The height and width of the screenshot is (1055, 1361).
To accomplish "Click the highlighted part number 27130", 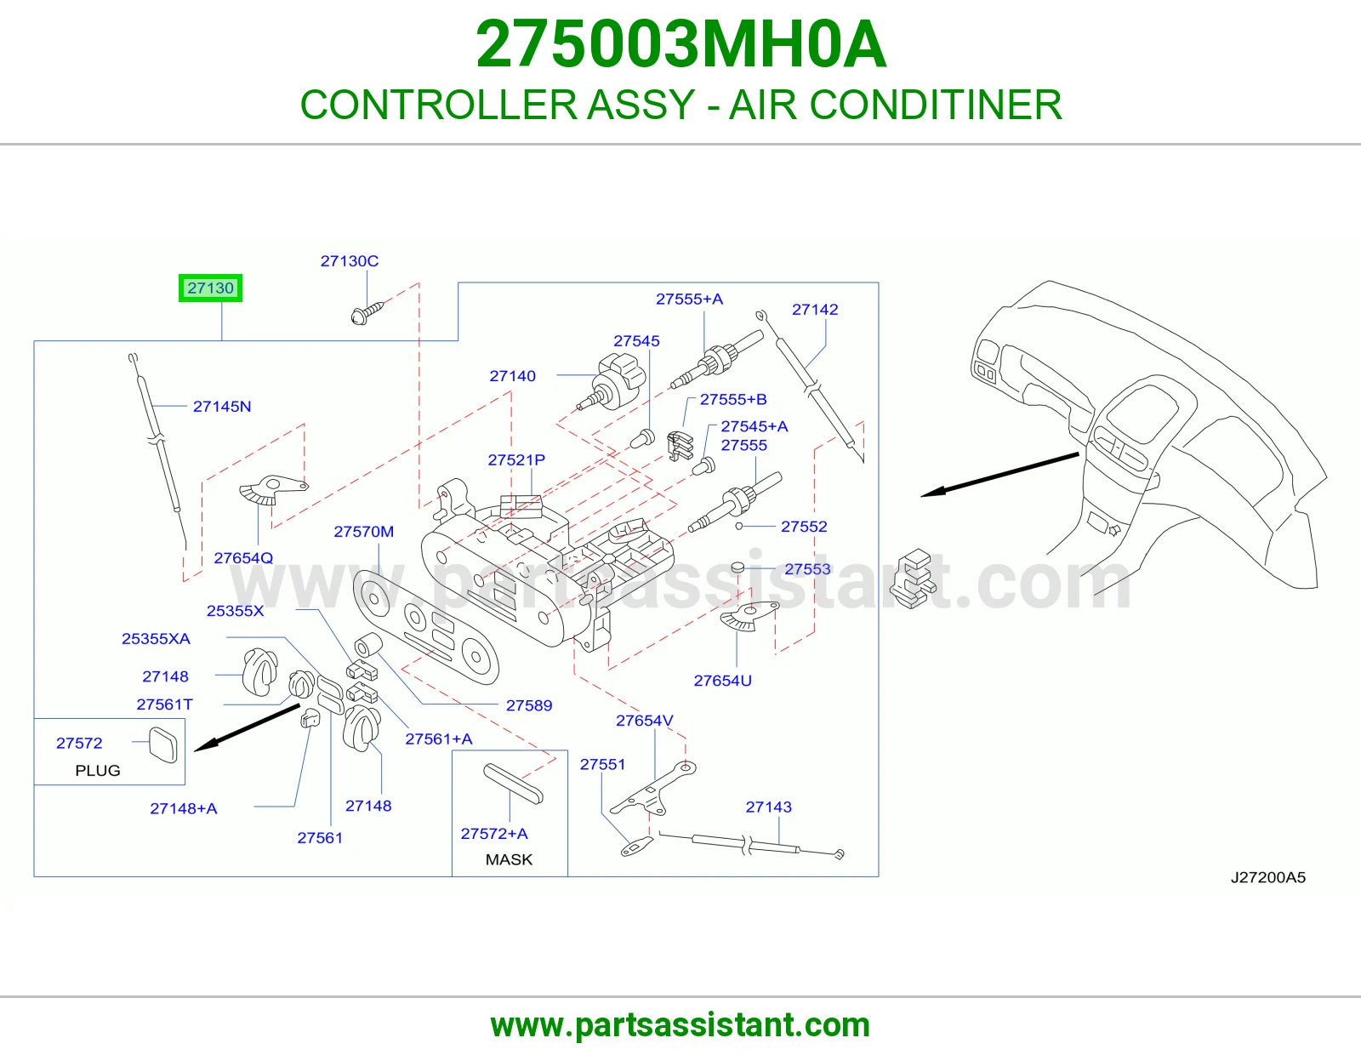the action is click(x=210, y=288).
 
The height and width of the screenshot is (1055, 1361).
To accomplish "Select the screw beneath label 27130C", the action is click(x=367, y=313).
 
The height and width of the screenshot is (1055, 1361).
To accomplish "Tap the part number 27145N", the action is click(x=222, y=407).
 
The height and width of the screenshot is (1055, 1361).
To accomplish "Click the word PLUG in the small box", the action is click(x=98, y=771).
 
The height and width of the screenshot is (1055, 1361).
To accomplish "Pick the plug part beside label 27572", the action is click(x=162, y=745).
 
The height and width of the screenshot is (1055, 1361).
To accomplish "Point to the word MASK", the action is click(x=509, y=859).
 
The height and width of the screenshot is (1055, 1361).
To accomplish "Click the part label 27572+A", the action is click(x=494, y=834).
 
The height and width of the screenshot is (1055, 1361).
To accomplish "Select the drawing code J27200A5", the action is click(x=1268, y=878).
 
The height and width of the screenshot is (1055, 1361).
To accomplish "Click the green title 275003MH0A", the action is click(x=680, y=44).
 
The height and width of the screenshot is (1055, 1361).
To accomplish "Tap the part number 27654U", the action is click(x=723, y=681).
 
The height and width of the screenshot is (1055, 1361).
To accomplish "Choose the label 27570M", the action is click(x=364, y=532).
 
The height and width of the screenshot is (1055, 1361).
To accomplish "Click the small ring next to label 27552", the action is click(x=739, y=527).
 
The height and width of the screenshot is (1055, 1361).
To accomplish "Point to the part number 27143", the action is click(x=768, y=807).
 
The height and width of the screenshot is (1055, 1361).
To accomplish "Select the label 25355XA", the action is click(x=156, y=639).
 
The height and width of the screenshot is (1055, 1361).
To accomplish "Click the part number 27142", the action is click(x=815, y=310).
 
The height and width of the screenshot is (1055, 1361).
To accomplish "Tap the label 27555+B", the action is click(x=733, y=400).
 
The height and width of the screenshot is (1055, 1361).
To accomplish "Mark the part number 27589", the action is click(x=529, y=706).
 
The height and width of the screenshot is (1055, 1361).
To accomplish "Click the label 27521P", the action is click(x=516, y=459).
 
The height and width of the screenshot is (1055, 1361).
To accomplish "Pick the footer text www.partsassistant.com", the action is click(x=680, y=1025).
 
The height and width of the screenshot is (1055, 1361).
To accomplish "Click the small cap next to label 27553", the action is click(x=737, y=567).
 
